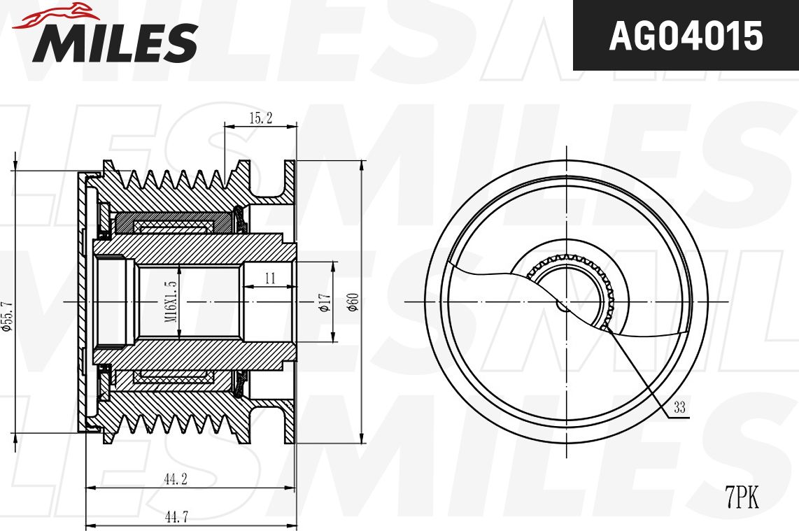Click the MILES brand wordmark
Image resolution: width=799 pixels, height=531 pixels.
tap(115, 42)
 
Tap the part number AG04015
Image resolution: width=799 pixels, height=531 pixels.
tap(686, 36)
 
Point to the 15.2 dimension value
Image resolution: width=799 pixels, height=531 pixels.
tap(261, 118)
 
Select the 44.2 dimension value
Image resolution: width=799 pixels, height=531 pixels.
tap(176, 479)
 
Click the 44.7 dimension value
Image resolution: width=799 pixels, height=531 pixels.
tap(176, 517)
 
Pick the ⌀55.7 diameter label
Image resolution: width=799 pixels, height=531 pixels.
tap(6, 316)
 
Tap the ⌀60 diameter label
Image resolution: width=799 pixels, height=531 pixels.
tap(353, 302)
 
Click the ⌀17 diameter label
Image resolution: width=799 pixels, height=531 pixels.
tap(325, 302)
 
